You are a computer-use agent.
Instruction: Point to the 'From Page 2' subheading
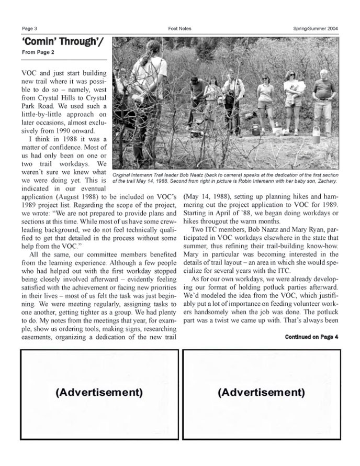(38, 52)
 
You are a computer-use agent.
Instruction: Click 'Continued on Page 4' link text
(312, 337)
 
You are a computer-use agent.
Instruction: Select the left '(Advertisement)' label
(99, 392)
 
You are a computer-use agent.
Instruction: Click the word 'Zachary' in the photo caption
(325, 181)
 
